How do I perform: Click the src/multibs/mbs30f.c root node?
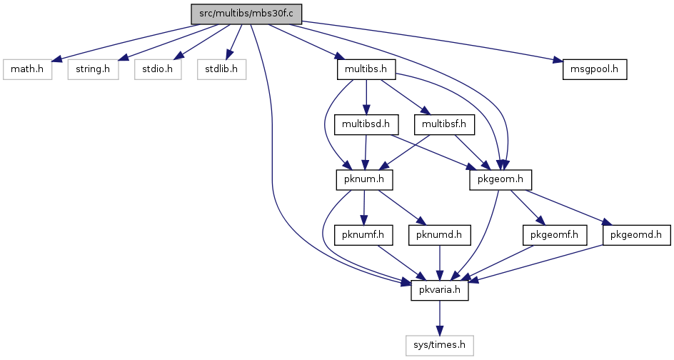click(246, 14)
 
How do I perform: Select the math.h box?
click(27, 69)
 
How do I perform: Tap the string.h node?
click(93, 69)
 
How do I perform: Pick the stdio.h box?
click(158, 69)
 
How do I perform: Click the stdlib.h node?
click(221, 69)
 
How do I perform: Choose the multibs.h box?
click(366, 69)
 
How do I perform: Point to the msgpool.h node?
click(595, 69)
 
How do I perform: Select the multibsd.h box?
click(366, 124)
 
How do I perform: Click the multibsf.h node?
click(444, 124)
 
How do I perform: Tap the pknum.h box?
click(364, 179)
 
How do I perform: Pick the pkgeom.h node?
click(501, 179)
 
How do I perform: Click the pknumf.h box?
click(363, 235)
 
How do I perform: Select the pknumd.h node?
click(439, 235)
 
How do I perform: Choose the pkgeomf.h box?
click(555, 235)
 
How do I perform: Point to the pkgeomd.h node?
click(636, 235)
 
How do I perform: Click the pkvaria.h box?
click(439, 290)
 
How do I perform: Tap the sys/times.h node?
click(439, 345)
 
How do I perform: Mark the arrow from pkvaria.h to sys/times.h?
click(439, 318)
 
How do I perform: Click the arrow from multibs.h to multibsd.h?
click(366, 96)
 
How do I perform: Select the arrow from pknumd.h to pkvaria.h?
click(439, 262)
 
